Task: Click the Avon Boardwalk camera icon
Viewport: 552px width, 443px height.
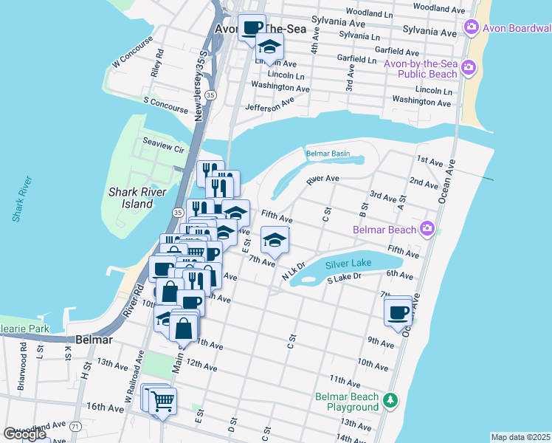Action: (471, 28)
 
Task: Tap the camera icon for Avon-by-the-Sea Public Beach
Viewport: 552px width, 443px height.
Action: (468, 69)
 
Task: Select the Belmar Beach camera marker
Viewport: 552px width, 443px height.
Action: (427, 229)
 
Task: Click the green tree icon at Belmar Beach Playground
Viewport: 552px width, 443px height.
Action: (390, 402)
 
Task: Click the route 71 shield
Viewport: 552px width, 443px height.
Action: (75, 427)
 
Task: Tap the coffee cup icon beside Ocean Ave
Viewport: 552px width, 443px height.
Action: (399, 311)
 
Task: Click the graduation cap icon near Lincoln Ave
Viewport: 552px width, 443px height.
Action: (270, 47)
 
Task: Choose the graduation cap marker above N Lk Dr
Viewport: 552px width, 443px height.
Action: (275, 239)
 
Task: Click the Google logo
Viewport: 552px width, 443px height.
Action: (24, 433)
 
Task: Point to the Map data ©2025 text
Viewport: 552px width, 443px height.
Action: (520, 437)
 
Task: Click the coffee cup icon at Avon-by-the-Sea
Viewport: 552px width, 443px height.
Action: (252, 27)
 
